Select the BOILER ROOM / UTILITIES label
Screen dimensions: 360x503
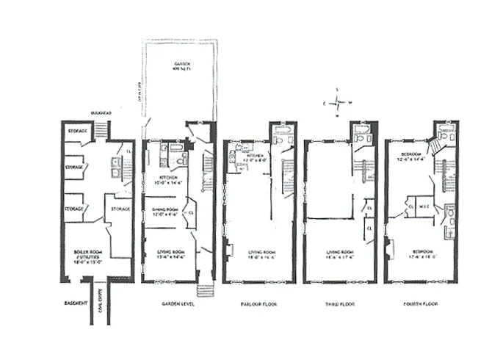pyautogui.click(x=87, y=255)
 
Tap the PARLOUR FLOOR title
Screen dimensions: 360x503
pyautogui.click(x=258, y=303)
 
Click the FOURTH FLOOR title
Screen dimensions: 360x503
pyautogui.click(x=421, y=303)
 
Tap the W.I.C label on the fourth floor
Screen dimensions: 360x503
pyautogui.click(x=425, y=206)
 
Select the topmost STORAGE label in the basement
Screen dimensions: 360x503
pyautogui.click(x=76, y=132)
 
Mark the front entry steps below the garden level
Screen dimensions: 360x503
pyautogui.click(x=205, y=289)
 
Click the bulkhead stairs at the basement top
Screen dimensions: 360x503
pyautogui.click(x=101, y=131)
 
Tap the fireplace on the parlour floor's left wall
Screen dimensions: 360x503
pyautogui.click(x=228, y=250)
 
